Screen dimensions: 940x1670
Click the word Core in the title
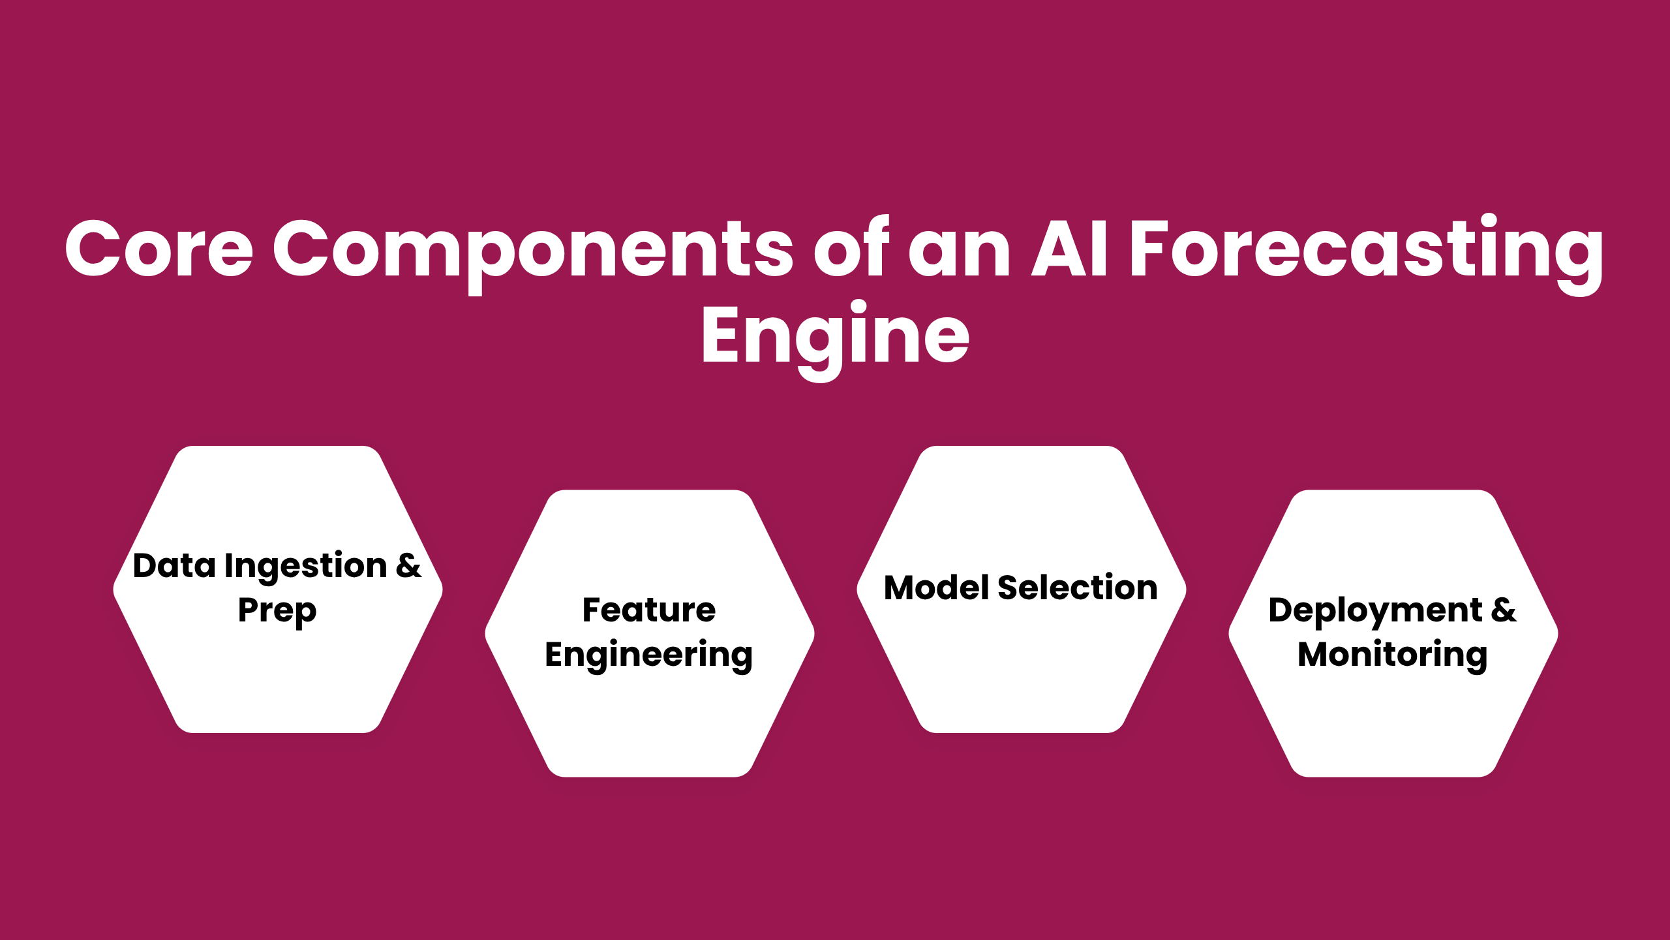(x=159, y=248)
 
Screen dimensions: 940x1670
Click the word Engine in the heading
(x=835, y=336)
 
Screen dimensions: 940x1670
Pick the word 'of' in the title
(x=851, y=248)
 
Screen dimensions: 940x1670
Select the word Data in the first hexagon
(x=174, y=565)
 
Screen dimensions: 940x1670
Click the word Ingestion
(x=305, y=567)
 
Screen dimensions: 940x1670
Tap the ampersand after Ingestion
(x=409, y=565)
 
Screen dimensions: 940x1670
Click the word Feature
(x=649, y=610)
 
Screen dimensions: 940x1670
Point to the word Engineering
(x=649, y=655)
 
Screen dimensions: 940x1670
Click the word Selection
(x=1078, y=587)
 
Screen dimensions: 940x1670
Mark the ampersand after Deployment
(x=1504, y=610)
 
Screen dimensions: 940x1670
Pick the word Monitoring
(x=1393, y=655)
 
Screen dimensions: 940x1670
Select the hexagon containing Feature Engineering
(x=649, y=718)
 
